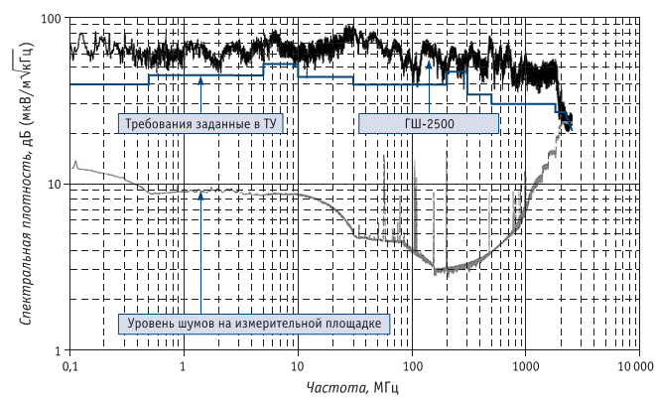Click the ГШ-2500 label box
pos(427,124)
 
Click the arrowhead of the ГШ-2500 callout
pos(429,62)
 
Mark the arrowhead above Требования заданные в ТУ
pos(200,78)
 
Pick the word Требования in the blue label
pos(159,124)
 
